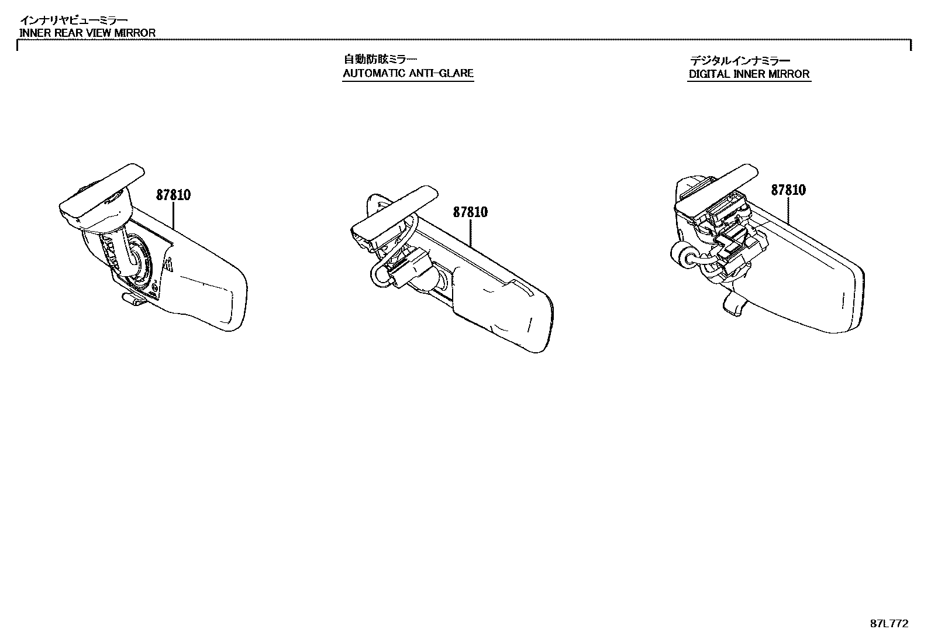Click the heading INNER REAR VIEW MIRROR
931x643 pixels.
coord(88,33)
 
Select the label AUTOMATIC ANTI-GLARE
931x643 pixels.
coord(408,74)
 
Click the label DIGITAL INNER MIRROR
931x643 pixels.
coord(749,74)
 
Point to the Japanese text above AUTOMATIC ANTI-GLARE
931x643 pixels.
coord(380,59)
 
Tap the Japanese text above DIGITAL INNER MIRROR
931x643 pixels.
coord(740,60)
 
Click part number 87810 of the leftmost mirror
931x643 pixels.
coord(173,195)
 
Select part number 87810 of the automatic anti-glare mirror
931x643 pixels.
coord(470,212)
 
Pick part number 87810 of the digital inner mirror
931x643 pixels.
coord(788,190)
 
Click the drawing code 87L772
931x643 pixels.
coord(889,624)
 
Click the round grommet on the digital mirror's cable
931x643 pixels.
coord(681,256)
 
